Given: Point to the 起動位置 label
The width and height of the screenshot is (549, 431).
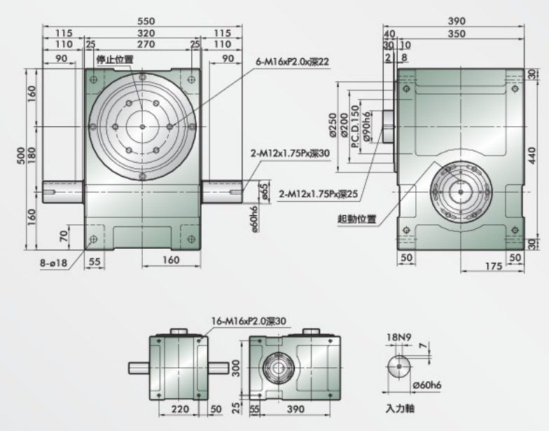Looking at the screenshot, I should coord(357,218).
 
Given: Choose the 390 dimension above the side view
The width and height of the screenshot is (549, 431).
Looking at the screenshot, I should coord(456,21).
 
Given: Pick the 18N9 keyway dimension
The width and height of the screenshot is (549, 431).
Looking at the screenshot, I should coord(398,336).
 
